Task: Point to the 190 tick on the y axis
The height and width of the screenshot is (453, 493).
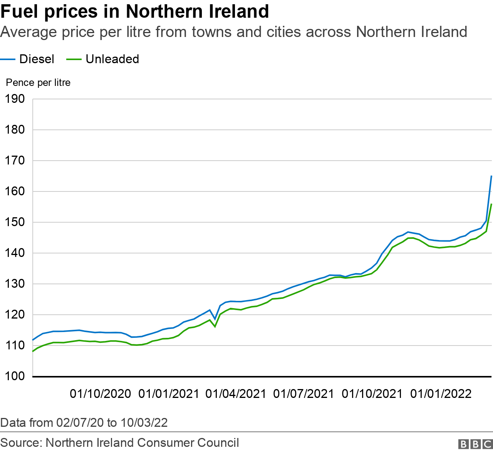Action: [15, 99]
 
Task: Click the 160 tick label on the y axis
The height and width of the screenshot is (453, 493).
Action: [15, 191]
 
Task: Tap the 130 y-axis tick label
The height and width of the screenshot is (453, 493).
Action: [15, 284]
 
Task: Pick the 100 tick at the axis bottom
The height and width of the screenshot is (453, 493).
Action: [15, 376]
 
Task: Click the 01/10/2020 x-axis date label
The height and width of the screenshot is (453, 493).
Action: [100, 394]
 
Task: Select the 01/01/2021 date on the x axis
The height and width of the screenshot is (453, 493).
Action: [169, 394]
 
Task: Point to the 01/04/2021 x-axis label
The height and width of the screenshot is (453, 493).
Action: [236, 394]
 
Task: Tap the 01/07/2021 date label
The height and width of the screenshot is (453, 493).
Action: [304, 394]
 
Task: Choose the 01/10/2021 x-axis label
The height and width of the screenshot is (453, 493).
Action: [372, 394]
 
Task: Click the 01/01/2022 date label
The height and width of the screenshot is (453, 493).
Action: [441, 394]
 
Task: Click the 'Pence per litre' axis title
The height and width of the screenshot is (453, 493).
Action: [38, 83]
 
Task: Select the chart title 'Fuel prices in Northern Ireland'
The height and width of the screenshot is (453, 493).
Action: [134, 12]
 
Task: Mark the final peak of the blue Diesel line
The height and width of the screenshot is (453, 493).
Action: [491, 176]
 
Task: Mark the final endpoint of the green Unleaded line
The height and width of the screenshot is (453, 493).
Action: [491, 204]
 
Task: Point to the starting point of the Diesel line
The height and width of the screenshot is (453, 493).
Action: [33, 340]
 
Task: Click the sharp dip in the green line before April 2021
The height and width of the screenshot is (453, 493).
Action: [215, 327]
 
